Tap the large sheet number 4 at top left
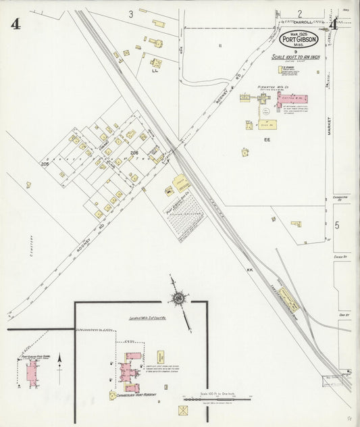click(x=15, y=24)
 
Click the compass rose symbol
click(x=179, y=298)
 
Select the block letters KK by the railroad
click(x=249, y=270)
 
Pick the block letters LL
click(x=155, y=69)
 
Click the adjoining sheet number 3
click(x=131, y=14)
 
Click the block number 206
click(x=134, y=153)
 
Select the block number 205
click(x=45, y=164)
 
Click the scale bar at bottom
click(x=215, y=399)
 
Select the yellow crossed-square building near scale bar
click(x=183, y=410)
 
